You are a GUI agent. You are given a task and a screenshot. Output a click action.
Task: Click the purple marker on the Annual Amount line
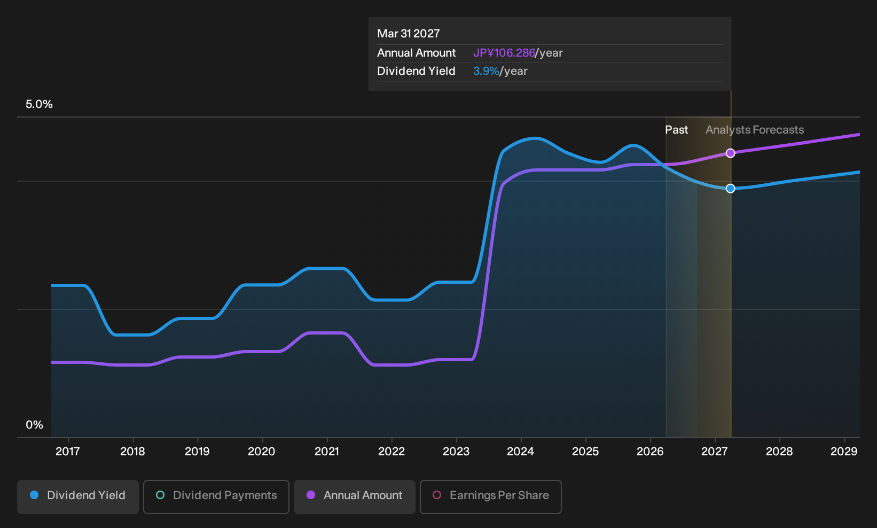(x=730, y=153)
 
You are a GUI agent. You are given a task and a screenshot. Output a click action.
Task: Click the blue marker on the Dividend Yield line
(x=730, y=189)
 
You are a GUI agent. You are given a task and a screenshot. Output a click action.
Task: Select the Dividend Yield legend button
(x=78, y=496)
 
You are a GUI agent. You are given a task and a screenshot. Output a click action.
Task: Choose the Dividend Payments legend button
(x=216, y=496)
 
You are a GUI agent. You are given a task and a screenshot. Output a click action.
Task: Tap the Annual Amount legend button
(x=354, y=496)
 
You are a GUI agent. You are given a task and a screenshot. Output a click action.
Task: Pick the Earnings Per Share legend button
(x=490, y=496)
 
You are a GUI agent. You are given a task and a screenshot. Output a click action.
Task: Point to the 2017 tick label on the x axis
(x=68, y=452)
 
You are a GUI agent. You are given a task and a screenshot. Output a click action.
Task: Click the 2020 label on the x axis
(x=262, y=452)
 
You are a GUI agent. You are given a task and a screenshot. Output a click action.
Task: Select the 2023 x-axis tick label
(x=456, y=452)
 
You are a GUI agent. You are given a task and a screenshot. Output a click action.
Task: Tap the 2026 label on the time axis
(x=650, y=452)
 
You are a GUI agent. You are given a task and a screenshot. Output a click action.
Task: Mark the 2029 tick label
(x=844, y=452)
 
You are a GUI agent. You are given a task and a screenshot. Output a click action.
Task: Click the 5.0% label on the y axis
(x=39, y=104)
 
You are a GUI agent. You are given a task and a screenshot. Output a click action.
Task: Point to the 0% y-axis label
(x=35, y=425)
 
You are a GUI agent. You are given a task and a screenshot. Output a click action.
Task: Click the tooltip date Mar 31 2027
(x=409, y=34)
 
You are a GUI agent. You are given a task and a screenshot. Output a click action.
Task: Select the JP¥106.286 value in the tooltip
(x=504, y=53)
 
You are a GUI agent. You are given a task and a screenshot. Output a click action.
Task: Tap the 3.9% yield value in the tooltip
(x=486, y=71)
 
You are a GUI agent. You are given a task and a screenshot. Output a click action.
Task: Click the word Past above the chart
(x=677, y=130)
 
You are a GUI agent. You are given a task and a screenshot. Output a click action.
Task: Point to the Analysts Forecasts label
(x=755, y=130)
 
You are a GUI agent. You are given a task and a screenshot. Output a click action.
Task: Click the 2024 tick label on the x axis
(x=520, y=452)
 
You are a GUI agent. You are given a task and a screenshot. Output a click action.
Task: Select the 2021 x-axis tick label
(x=326, y=452)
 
